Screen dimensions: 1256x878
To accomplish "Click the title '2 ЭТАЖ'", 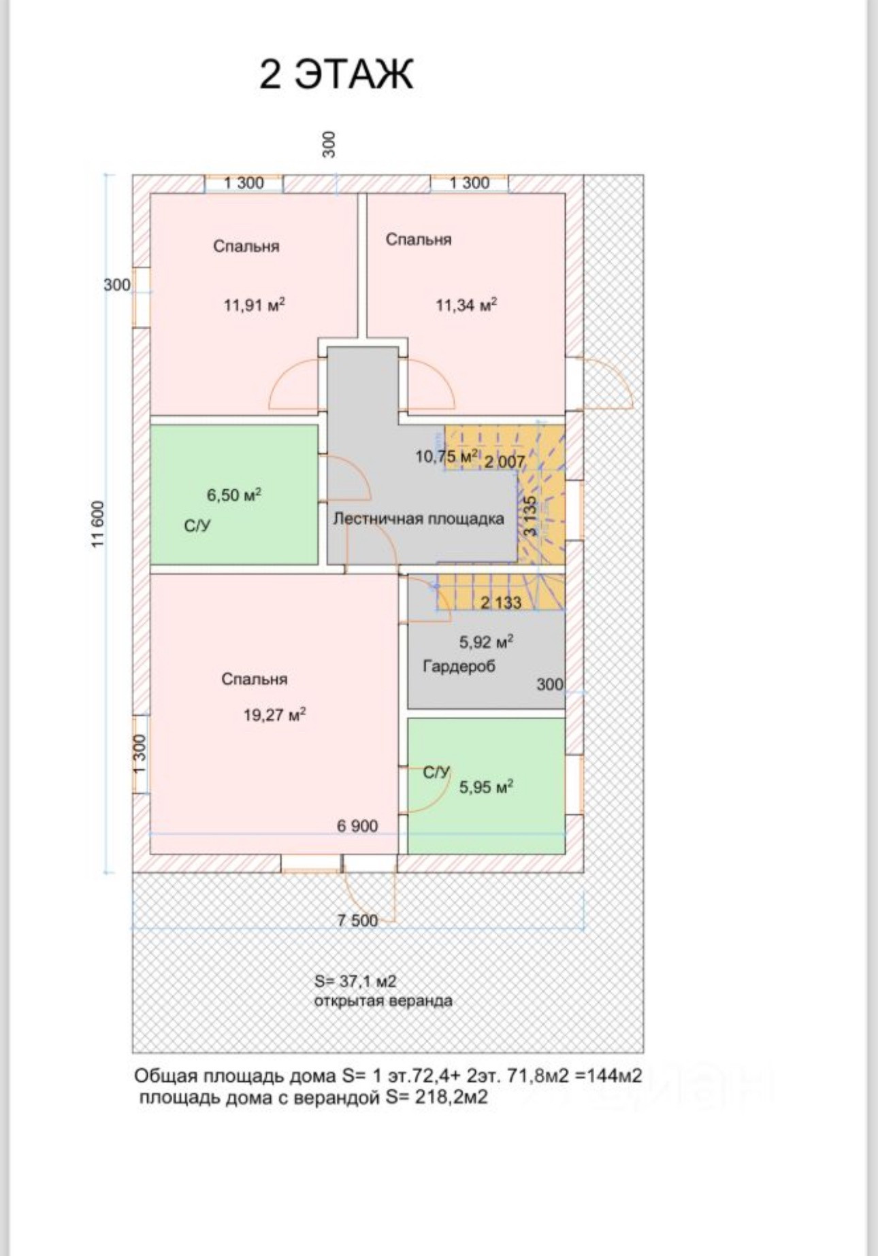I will [x=336, y=74].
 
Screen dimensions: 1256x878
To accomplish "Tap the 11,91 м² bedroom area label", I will [x=254, y=305].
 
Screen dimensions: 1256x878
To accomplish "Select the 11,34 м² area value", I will [x=466, y=305].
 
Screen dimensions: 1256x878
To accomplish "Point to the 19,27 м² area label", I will [x=274, y=715].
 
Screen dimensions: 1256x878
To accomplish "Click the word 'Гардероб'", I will [x=459, y=666].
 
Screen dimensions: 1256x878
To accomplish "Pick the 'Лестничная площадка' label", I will [x=419, y=518].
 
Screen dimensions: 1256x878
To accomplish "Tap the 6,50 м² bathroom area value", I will [x=234, y=495].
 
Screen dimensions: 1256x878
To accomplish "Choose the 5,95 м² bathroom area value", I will [x=486, y=787].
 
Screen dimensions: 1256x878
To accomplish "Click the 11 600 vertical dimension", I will [x=99, y=524].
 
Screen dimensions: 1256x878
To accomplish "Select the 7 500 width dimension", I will [x=357, y=921].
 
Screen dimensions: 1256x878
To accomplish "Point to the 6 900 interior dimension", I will [x=357, y=826].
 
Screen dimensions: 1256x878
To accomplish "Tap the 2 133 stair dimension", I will [x=501, y=602].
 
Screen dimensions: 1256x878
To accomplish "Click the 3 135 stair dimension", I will [x=531, y=515].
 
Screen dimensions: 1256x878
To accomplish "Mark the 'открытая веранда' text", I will [x=383, y=1001].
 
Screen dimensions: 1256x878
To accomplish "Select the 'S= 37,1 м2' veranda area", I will [x=355, y=981].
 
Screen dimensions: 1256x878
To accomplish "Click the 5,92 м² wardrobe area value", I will [x=486, y=642].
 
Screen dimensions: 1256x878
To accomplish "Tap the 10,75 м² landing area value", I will [x=446, y=457].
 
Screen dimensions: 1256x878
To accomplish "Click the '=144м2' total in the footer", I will [x=608, y=1076].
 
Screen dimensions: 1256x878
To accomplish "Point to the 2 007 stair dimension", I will [x=504, y=462].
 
